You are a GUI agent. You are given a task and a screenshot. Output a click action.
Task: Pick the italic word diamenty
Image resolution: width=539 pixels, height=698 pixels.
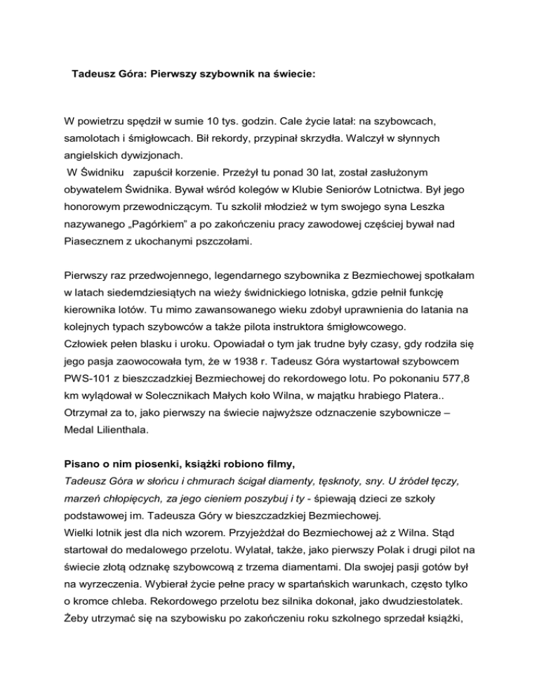(x=287, y=524)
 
